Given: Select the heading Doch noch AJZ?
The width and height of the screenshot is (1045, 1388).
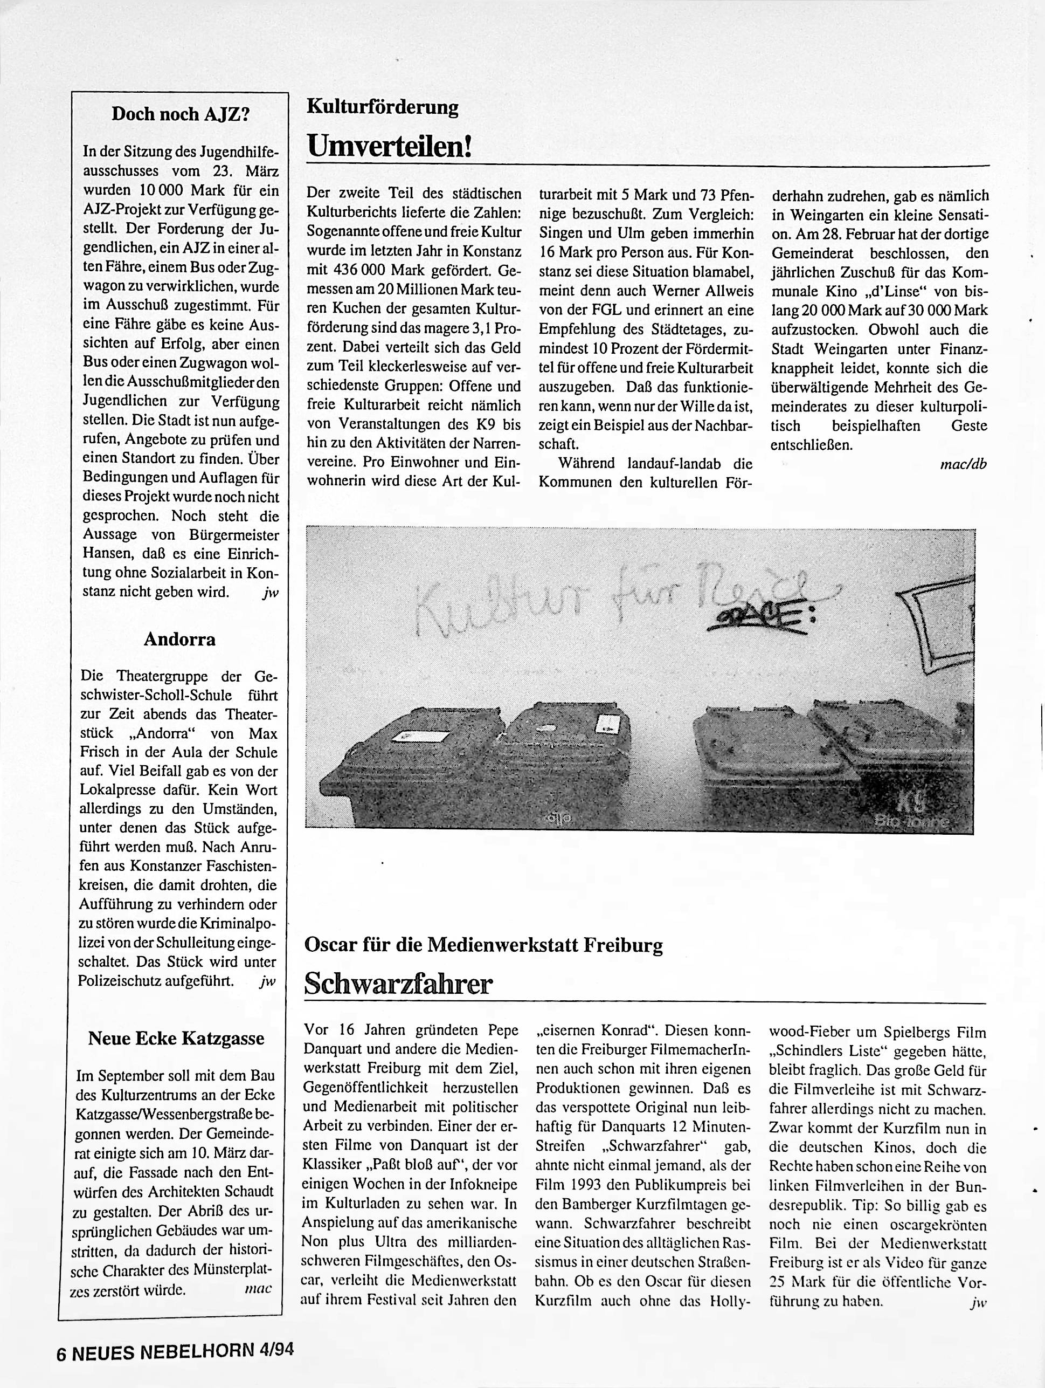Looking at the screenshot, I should point(181,114).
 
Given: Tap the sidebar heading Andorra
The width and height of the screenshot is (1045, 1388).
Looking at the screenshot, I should point(179,640).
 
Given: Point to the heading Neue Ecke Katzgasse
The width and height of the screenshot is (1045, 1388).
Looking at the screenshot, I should point(176,1039).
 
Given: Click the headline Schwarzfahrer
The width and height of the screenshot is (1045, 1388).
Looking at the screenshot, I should point(398,985).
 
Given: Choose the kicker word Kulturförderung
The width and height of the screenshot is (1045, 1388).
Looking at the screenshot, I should point(382,107).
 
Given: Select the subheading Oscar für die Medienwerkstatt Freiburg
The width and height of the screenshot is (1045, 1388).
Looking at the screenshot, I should point(483,945).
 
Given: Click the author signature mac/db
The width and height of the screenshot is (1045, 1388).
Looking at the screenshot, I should point(964,464).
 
